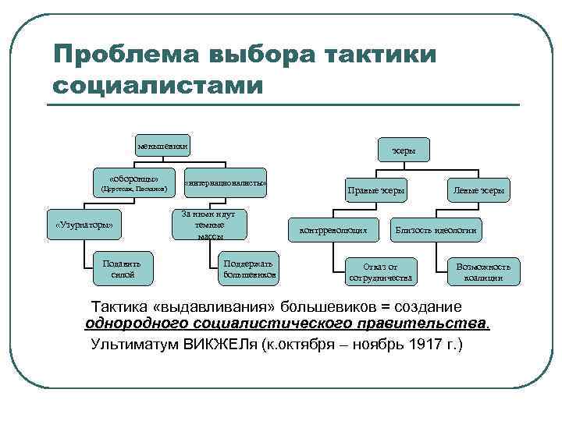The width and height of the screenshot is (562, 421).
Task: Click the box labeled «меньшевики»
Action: pos(163,146)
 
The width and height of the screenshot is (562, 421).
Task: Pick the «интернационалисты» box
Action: pos(226,183)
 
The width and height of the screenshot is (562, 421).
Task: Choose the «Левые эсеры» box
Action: pos(478,190)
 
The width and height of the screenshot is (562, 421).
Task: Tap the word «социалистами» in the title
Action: pos(157,85)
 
